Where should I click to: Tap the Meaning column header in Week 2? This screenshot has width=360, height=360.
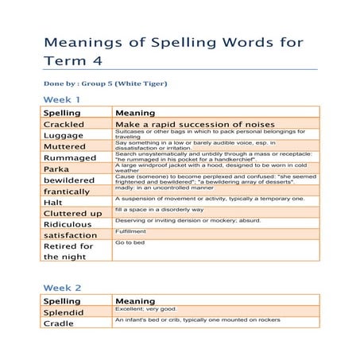(x=135, y=301)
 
